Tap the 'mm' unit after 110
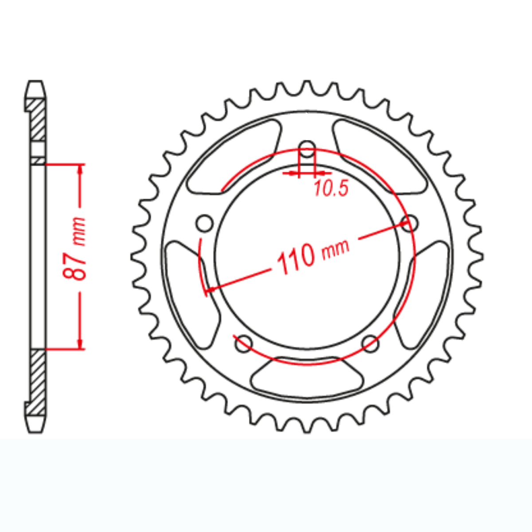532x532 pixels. (336, 248)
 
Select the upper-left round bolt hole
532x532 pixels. (204, 223)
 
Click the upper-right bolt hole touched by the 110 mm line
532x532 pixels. (410, 223)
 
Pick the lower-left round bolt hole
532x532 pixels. (243, 344)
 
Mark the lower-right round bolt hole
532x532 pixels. (370, 344)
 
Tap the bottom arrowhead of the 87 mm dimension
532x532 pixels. (80, 344)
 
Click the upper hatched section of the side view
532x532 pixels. (37, 120)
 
